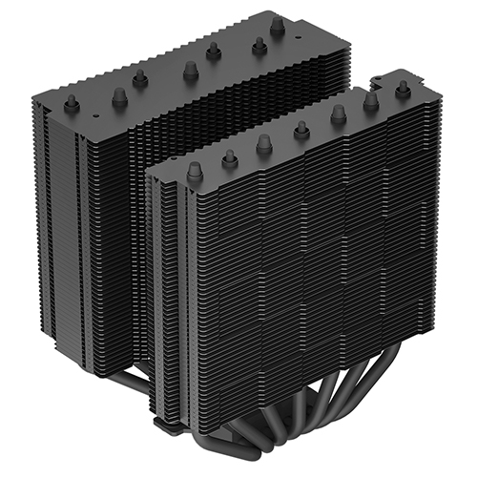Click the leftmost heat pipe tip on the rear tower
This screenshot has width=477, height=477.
coord(71,103)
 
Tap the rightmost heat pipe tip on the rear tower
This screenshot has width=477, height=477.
coord(276,28)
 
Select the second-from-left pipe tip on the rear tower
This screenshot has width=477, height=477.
coord(119,94)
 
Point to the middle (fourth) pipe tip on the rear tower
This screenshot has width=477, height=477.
coord(190,68)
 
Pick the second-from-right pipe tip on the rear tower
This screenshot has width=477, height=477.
coord(259,43)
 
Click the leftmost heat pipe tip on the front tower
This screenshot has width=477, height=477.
coord(195,170)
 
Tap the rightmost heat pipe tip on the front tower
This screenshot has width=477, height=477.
coord(401,87)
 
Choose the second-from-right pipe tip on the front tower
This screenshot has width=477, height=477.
coord(370,99)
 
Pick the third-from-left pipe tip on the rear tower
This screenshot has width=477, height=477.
coord(140,80)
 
